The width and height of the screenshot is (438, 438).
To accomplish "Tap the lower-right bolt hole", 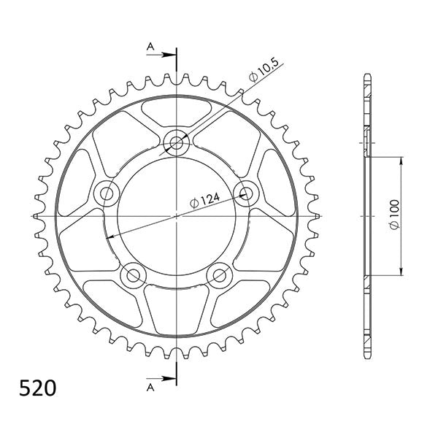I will coord(219,275).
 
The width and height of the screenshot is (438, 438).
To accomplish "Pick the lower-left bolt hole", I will coord(133,275).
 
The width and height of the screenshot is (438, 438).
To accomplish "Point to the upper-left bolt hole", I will coord(108,193).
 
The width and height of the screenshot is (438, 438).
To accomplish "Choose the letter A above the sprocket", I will coord(151,47).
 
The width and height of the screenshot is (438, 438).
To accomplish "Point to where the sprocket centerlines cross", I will coord(177,217).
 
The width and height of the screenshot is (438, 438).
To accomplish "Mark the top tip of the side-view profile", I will coord(366,75).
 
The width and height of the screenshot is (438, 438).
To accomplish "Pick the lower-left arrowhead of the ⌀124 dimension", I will coord(111,237).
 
